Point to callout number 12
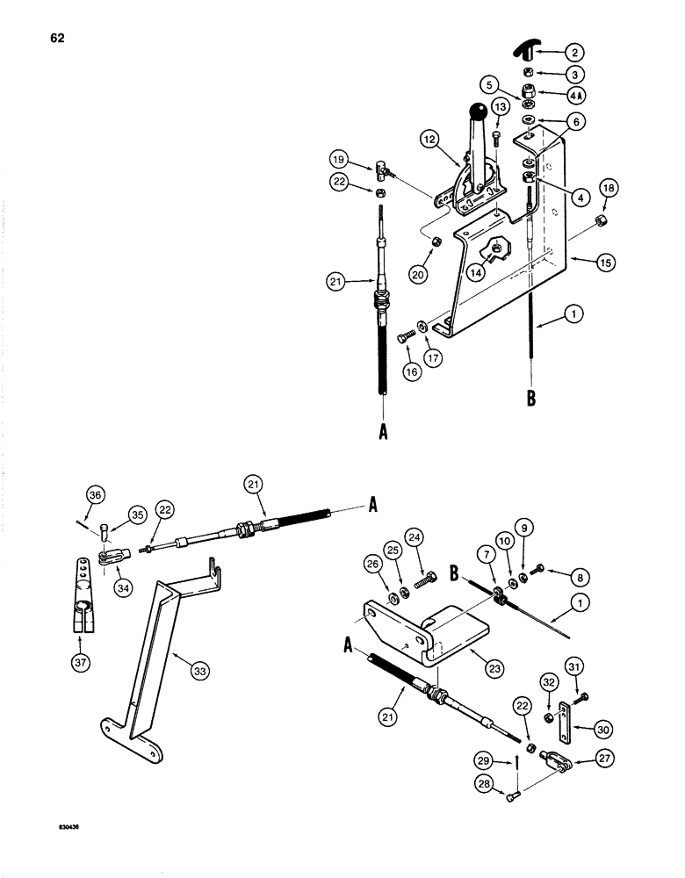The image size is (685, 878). [x=454, y=140]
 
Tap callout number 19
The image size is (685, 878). [x=362, y=161]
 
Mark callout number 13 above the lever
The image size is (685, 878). [x=500, y=107]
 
